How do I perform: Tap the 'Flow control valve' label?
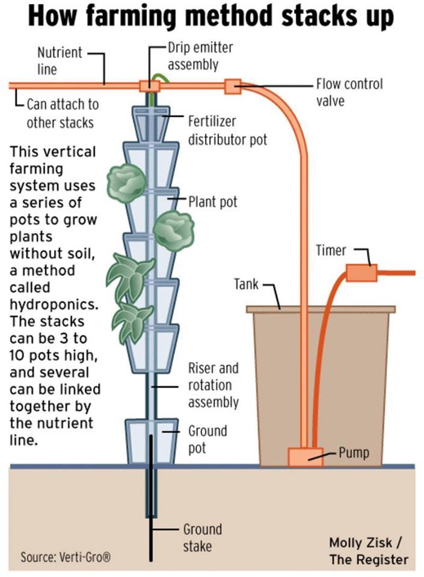[x=349, y=92]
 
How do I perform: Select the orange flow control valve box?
[x=233, y=87]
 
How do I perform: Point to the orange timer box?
[x=361, y=273]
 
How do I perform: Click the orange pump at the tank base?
[x=305, y=456]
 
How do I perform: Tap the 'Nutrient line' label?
[x=60, y=61]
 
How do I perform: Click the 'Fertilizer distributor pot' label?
[x=227, y=130]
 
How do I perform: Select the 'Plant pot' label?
[x=212, y=201]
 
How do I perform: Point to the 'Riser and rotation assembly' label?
[x=213, y=385]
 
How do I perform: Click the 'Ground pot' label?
[x=207, y=439]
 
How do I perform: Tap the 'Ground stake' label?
[x=202, y=538]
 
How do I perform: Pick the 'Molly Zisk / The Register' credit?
[x=368, y=551]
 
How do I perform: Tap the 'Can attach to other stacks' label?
[x=60, y=113]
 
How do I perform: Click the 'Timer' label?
[x=331, y=250]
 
